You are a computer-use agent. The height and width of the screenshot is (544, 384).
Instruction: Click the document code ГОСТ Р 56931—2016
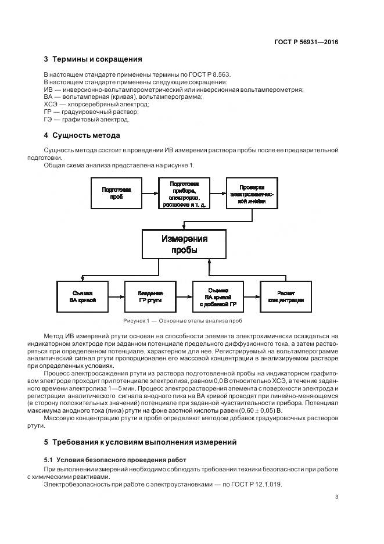pos(306,42)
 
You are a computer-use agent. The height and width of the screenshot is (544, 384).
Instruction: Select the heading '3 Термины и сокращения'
pos(93,59)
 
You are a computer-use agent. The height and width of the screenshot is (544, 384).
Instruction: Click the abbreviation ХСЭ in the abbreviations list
pos(51,105)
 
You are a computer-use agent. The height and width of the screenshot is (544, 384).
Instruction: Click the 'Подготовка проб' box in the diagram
pos(116,193)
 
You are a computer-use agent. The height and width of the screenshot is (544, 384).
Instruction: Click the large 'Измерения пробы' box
pos(184,244)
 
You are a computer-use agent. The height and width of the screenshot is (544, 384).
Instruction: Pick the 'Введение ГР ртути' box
pos(150,296)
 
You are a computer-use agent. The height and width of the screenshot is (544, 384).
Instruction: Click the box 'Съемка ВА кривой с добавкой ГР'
pos(218,296)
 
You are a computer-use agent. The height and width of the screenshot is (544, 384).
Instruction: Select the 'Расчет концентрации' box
pos(286,296)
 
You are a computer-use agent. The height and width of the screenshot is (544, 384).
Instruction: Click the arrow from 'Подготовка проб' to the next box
pos(150,194)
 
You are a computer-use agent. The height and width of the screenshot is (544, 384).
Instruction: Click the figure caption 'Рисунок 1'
pos(183,321)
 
